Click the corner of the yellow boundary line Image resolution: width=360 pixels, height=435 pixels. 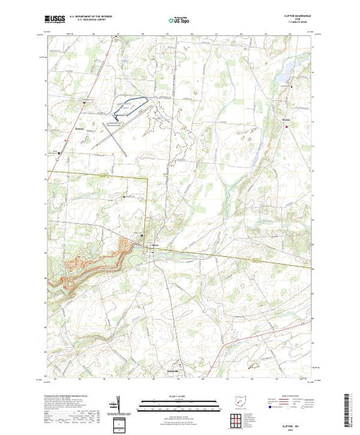[148, 177]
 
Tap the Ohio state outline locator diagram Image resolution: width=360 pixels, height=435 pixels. [236, 401]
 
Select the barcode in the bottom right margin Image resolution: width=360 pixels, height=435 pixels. [352, 407]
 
